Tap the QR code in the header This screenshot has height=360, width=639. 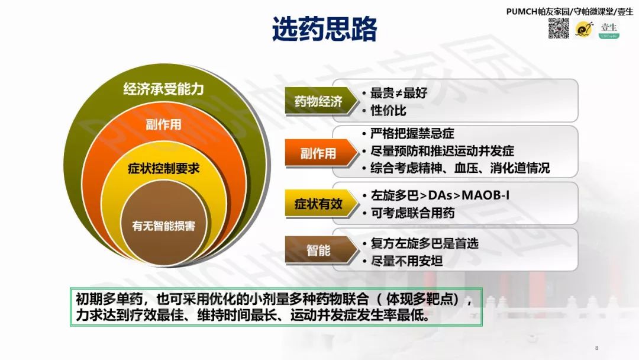(x=558, y=28)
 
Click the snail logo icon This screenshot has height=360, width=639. (x=585, y=28)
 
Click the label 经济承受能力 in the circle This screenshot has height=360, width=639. (x=163, y=89)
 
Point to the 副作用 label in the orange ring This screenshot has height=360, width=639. (x=163, y=124)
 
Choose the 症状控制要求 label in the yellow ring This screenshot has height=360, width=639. (x=164, y=169)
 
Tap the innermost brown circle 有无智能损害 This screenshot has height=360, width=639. (x=164, y=226)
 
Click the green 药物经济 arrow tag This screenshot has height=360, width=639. (x=319, y=101)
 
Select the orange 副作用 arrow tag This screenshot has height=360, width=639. (x=318, y=153)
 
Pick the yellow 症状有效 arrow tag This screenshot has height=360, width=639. (x=319, y=204)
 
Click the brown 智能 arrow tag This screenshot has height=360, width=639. (x=319, y=250)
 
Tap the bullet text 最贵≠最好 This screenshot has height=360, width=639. (x=398, y=93)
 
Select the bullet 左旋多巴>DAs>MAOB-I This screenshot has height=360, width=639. (x=440, y=195)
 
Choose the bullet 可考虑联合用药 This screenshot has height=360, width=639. (x=412, y=213)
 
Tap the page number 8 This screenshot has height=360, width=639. (x=597, y=348)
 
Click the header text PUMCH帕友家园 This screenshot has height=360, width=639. (x=539, y=11)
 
